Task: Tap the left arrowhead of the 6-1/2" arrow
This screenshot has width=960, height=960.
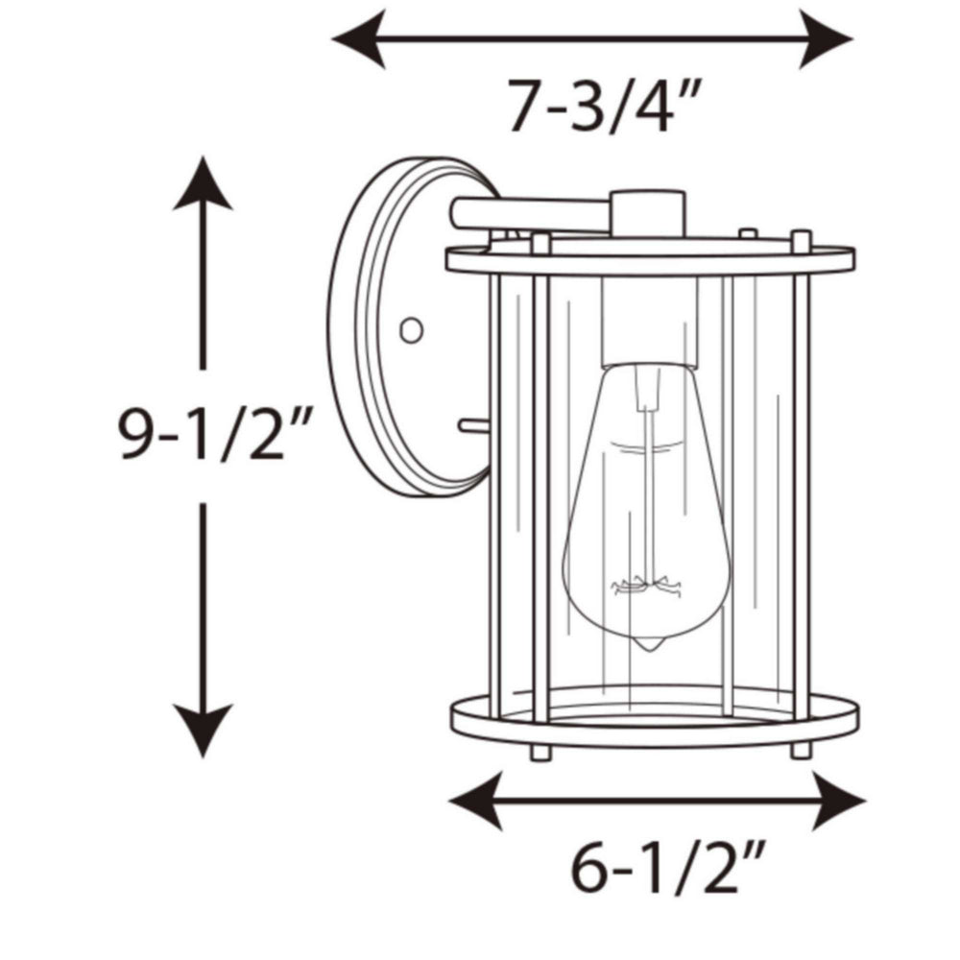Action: [x=476, y=800]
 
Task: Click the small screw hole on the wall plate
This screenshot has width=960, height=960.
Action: [x=411, y=330]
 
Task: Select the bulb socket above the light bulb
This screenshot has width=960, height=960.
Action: [x=647, y=326]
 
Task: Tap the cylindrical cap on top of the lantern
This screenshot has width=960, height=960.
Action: [x=647, y=211]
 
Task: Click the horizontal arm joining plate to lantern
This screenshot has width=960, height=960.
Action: [x=528, y=213]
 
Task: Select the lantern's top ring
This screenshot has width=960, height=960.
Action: [x=649, y=259]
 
